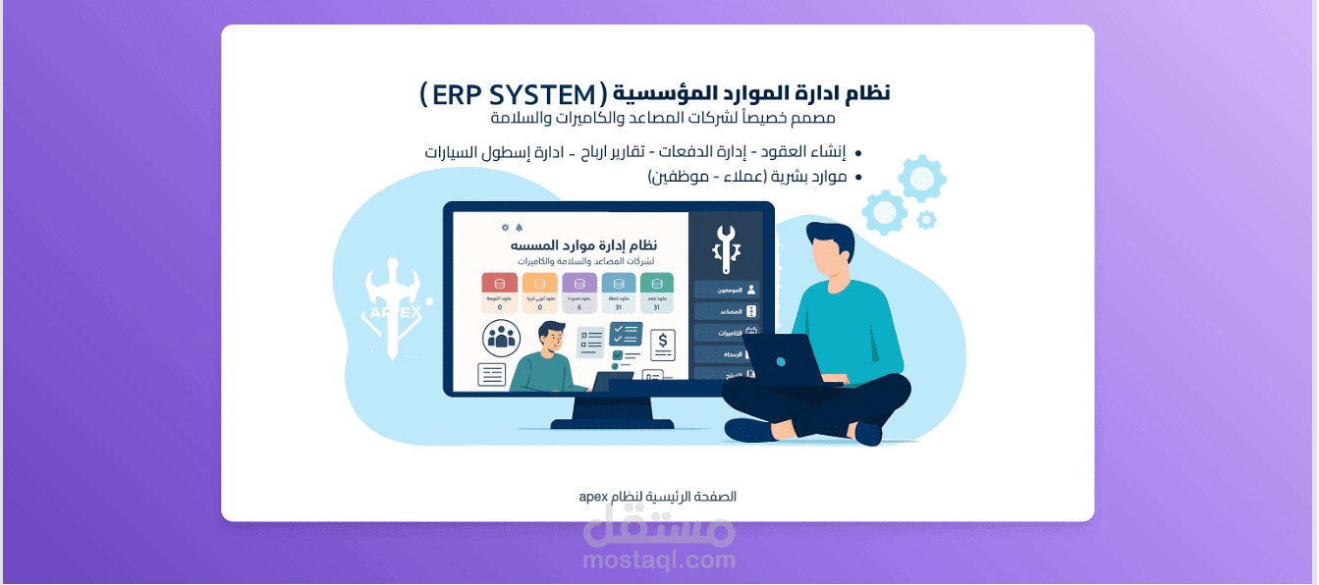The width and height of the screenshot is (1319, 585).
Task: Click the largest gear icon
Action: coord(922,179)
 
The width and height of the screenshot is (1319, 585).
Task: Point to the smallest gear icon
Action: coord(925,220)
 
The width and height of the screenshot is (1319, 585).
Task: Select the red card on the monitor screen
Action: coord(500,293)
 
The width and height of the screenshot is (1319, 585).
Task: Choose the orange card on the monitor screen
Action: coord(539,293)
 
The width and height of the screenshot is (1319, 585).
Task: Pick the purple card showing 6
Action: coord(579,293)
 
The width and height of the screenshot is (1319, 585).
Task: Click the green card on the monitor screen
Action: coord(657,293)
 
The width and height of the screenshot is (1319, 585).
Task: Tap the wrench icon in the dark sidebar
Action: coord(726,247)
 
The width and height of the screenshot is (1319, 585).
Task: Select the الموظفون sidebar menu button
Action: coord(727,290)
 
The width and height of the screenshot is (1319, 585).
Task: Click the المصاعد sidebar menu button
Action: coord(727,311)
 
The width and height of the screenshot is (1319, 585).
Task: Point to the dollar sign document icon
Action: coord(663,343)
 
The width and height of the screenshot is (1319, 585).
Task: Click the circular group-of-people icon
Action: coord(502,339)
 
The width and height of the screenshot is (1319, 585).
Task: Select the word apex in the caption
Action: coord(592,497)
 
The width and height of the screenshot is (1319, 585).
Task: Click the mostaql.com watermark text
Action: coord(659,560)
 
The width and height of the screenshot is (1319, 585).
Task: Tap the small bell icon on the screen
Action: coord(520,227)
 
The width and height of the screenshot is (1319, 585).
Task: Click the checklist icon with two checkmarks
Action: coord(626,335)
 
